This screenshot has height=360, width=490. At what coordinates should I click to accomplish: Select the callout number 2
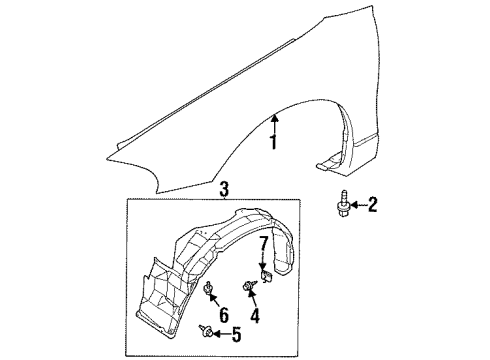coord(373,205)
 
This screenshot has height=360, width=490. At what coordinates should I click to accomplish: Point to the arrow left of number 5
coord(219,334)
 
